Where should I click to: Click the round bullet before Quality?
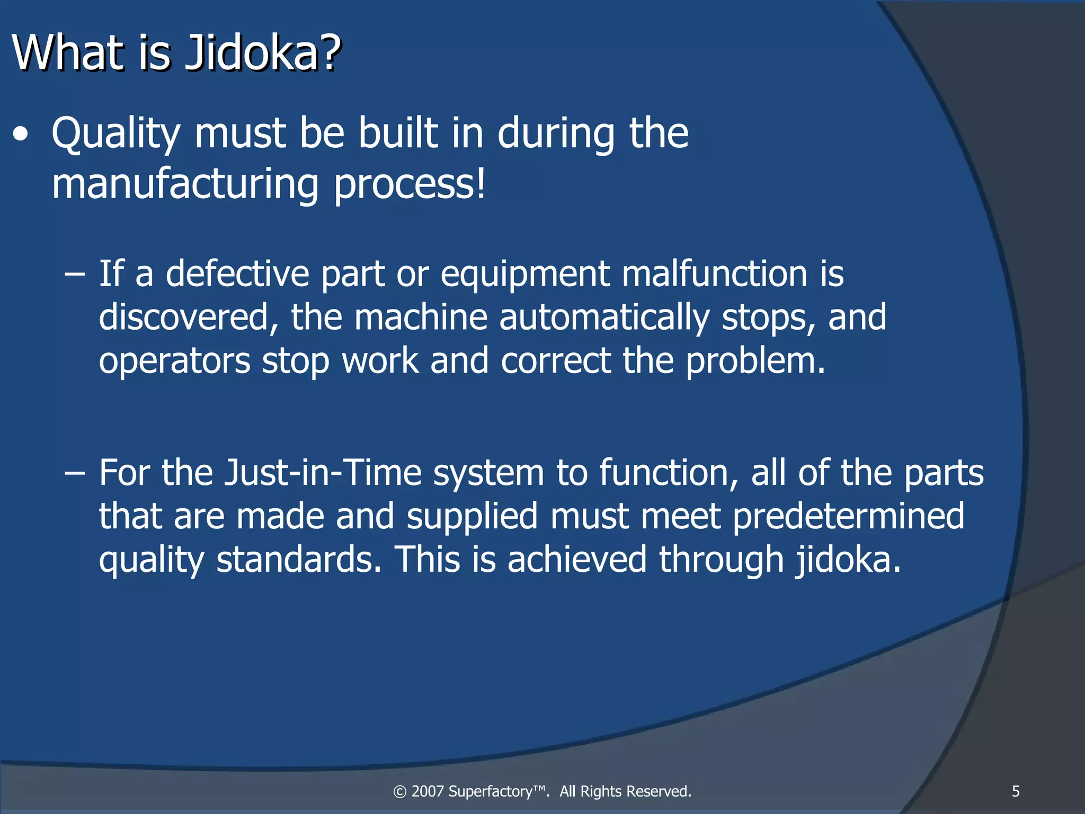tap(21, 135)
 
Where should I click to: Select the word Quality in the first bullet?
tap(115, 134)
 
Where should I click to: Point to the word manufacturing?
tap(185, 183)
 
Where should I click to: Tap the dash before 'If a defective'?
tap(74, 275)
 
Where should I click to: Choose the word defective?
tap(237, 273)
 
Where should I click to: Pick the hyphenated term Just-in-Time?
tap(323, 472)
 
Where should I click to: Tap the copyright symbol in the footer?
tap(400, 792)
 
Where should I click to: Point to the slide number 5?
tap(1016, 791)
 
